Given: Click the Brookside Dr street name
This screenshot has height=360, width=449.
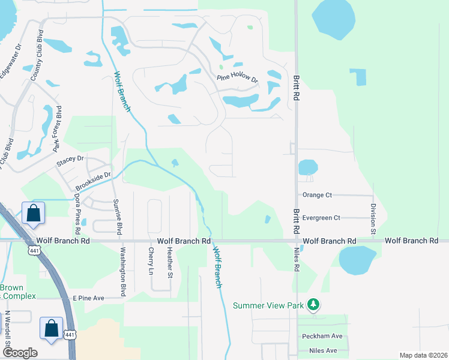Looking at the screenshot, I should coord(93,181).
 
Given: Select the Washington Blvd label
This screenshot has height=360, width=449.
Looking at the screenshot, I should coord(122,271).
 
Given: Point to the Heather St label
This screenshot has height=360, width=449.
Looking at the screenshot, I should coord(170,265).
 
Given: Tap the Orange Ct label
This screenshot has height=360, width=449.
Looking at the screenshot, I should coord(317,195).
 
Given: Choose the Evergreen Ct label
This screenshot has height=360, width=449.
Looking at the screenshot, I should coord(321,218).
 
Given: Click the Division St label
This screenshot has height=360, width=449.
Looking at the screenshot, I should coord(373,218).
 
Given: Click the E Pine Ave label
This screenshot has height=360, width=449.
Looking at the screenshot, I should coord(88,298).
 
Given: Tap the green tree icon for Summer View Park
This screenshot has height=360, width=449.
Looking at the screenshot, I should coord(313,305).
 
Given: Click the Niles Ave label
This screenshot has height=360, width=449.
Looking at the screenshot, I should coord(322,350).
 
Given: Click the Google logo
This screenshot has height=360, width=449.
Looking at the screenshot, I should coord(20,353).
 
